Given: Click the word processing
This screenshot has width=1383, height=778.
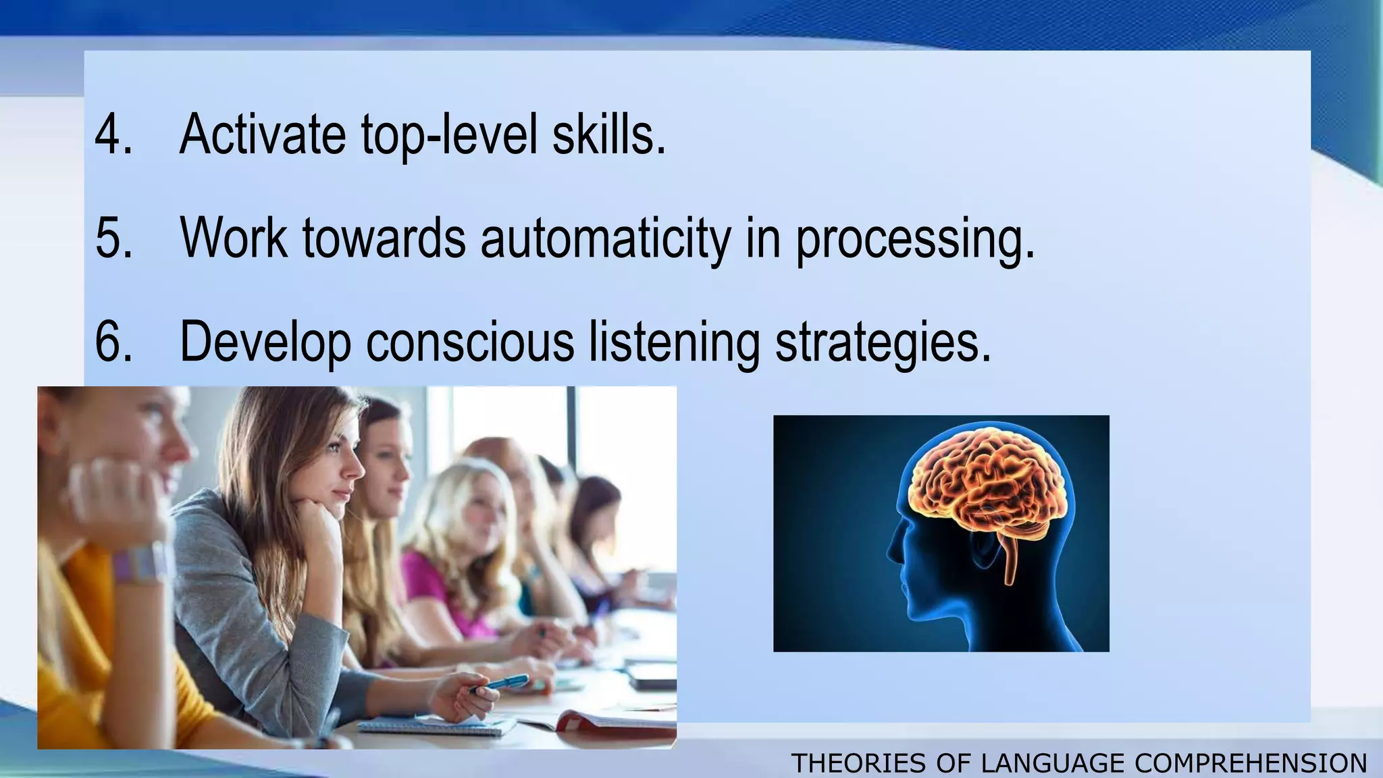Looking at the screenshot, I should pyautogui.click(x=915, y=239).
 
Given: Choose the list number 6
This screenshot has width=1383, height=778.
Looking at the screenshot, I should pyautogui.click(x=113, y=342).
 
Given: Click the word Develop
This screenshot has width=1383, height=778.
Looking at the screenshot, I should pyautogui.click(x=265, y=343).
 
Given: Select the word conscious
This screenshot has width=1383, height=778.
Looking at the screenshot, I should pyautogui.click(x=470, y=342).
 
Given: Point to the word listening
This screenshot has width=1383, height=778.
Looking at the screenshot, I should pyautogui.click(x=675, y=343).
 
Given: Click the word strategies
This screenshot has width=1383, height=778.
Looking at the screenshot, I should pyautogui.click(x=883, y=343).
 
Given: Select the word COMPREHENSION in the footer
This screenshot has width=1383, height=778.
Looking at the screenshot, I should pyautogui.click(x=1251, y=763).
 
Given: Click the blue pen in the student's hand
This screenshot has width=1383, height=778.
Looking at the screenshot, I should pyautogui.click(x=500, y=683).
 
